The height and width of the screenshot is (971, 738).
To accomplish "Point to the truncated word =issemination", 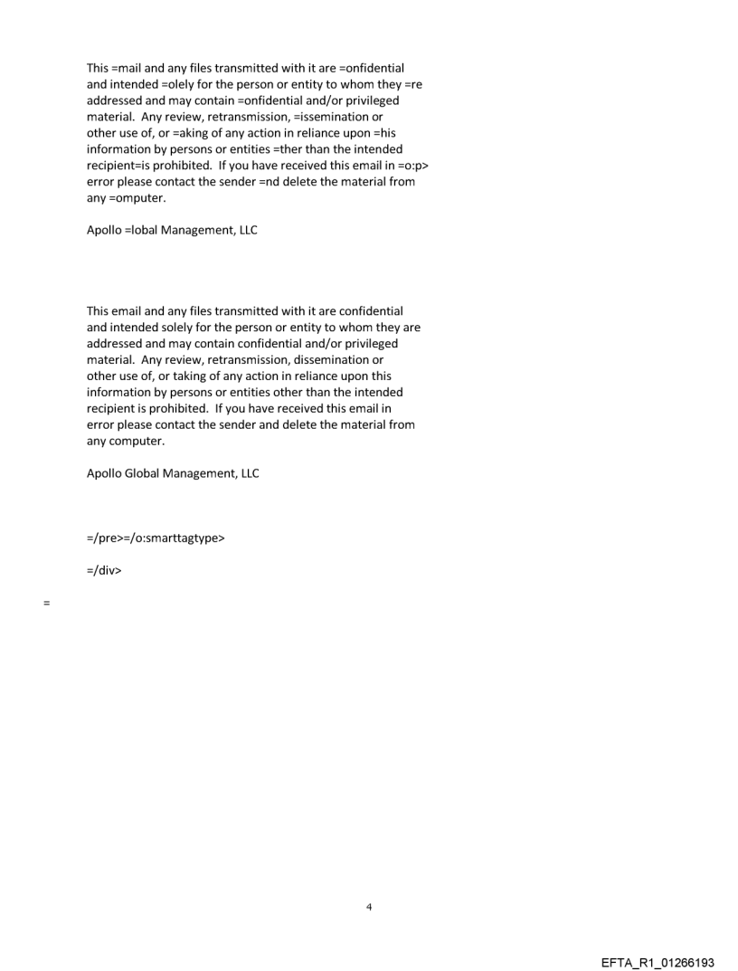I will pyautogui.click(x=322, y=117).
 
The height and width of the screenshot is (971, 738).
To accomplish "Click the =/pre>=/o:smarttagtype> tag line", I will pyautogui.click(x=156, y=538).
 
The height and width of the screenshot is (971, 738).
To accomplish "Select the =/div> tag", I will pyautogui.click(x=104, y=571).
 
